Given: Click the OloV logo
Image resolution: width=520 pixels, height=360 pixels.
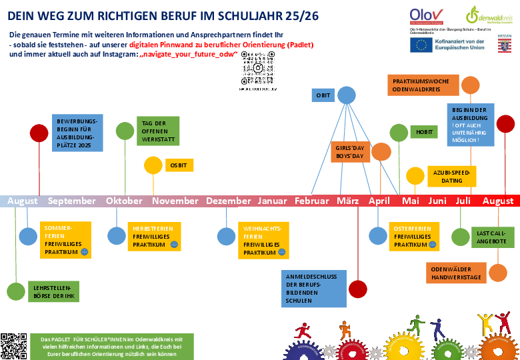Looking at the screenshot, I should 427,15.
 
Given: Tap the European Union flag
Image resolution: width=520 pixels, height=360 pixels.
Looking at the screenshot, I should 420,45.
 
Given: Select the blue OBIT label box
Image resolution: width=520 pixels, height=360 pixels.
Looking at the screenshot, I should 323,95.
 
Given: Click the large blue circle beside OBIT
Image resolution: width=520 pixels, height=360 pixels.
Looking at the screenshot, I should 346,95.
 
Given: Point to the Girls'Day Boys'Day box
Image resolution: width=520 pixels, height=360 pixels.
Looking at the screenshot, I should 350,151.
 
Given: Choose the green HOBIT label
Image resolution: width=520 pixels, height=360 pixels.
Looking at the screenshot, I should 423,132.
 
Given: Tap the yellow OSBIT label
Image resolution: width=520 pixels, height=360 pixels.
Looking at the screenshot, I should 178,165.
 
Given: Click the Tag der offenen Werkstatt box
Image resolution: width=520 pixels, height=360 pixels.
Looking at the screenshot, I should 158,131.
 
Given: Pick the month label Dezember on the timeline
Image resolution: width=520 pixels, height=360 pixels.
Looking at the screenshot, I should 228,201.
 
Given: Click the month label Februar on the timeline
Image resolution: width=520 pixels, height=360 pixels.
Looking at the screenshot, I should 311,201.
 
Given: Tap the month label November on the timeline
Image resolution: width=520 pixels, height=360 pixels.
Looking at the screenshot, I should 175,201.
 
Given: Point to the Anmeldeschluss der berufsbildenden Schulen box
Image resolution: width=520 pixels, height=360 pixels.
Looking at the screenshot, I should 313,288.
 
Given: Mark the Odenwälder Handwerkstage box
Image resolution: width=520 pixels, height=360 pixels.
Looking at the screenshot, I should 456,273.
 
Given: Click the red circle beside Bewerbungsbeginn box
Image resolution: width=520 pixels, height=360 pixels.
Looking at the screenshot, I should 39,133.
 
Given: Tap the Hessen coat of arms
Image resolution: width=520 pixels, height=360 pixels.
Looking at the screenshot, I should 505,44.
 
